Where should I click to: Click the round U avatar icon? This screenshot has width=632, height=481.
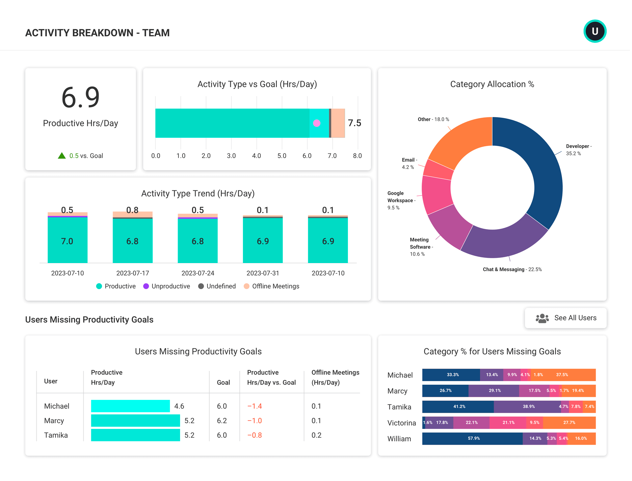pos(595,31)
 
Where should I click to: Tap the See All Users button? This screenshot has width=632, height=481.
pos(566,318)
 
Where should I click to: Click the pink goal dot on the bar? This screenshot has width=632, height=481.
pos(317,123)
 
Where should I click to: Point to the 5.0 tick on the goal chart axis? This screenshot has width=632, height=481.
pos(282,156)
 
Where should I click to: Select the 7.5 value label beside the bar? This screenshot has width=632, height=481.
pos(355,123)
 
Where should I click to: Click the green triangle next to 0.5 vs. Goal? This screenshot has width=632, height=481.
pos(62,156)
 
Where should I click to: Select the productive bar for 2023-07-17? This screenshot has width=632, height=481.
pos(132,241)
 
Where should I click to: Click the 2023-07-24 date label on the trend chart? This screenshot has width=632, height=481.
pos(198,273)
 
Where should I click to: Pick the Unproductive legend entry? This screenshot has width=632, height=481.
pos(167,286)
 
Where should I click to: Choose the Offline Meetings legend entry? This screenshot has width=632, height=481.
pos(272,286)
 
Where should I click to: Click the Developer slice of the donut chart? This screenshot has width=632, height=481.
pos(540,171)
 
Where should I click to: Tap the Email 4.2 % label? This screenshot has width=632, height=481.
pos(408,163)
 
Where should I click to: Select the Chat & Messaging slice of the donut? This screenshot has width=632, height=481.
pos(504,241)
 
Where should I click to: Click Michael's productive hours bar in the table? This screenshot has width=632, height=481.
pos(130,406)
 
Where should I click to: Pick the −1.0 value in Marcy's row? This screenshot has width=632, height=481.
pos(254,421)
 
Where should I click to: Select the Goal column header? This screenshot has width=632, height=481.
pos(223,382)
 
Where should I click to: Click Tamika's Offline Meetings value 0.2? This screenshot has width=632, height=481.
pos(316,435)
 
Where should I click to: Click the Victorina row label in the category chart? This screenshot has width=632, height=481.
pos(401,423)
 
